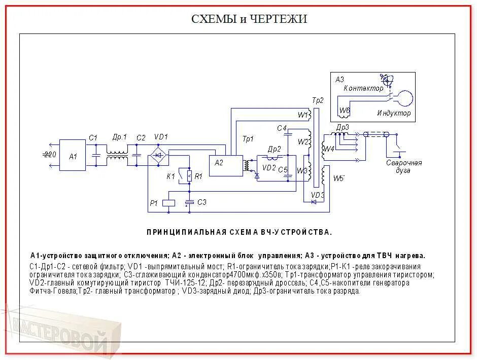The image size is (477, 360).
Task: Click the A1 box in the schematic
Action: tap(72, 155)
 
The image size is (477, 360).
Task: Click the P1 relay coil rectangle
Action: tap(168, 203)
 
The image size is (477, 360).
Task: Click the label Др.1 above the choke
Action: tap(119, 137)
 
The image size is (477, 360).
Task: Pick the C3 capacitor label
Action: tap(201, 202)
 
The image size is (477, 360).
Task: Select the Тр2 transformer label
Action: tap(317, 100)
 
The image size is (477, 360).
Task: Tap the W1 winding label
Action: tap(303, 115)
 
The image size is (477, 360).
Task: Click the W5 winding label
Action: tap(338, 178)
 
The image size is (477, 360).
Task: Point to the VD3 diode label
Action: tap(317, 195)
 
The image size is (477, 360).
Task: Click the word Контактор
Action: tap(364, 88)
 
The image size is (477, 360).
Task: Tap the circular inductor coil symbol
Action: tap(404, 98)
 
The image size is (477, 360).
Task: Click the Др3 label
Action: tap(343, 127)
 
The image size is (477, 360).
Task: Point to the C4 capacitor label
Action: tap(282, 128)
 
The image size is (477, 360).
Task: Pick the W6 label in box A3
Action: tap(345, 110)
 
